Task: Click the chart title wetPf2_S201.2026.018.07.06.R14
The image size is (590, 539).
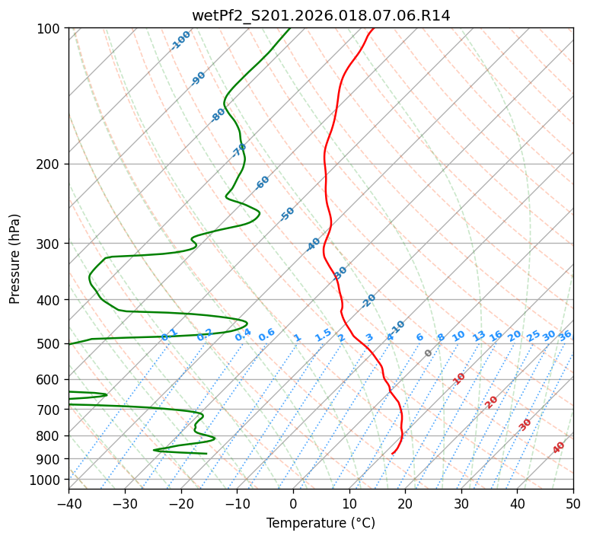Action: tap(321, 16)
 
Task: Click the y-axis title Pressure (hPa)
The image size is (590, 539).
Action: tap(15, 258)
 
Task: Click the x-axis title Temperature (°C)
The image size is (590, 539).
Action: tap(321, 523)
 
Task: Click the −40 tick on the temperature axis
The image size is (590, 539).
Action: tap(69, 503)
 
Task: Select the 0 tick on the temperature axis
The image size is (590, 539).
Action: tap(293, 503)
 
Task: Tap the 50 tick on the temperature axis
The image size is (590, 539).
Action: tap(573, 503)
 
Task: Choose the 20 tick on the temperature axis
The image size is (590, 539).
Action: tap(405, 503)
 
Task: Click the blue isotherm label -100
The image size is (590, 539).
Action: tap(180, 40)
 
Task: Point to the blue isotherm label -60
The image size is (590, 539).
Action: tap(263, 183)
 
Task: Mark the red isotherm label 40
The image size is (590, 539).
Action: tap(559, 448)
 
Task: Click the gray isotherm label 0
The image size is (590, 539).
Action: tap(429, 353)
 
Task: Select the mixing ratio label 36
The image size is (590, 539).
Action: tap(565, 336)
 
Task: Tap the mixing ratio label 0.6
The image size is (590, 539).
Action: tap(266, 336)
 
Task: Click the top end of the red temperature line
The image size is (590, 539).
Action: tap(373, 29)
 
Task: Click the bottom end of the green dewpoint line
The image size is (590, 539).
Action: tap(206, 454)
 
